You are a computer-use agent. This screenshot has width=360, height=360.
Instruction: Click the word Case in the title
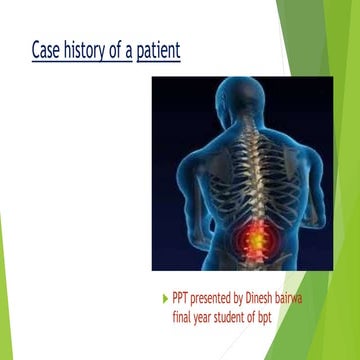point(47,49)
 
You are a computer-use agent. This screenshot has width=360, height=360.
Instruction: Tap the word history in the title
point(88,49)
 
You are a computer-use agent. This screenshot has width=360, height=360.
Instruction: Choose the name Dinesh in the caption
point(277,298)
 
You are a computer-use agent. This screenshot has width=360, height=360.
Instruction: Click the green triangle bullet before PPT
point(165,298)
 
